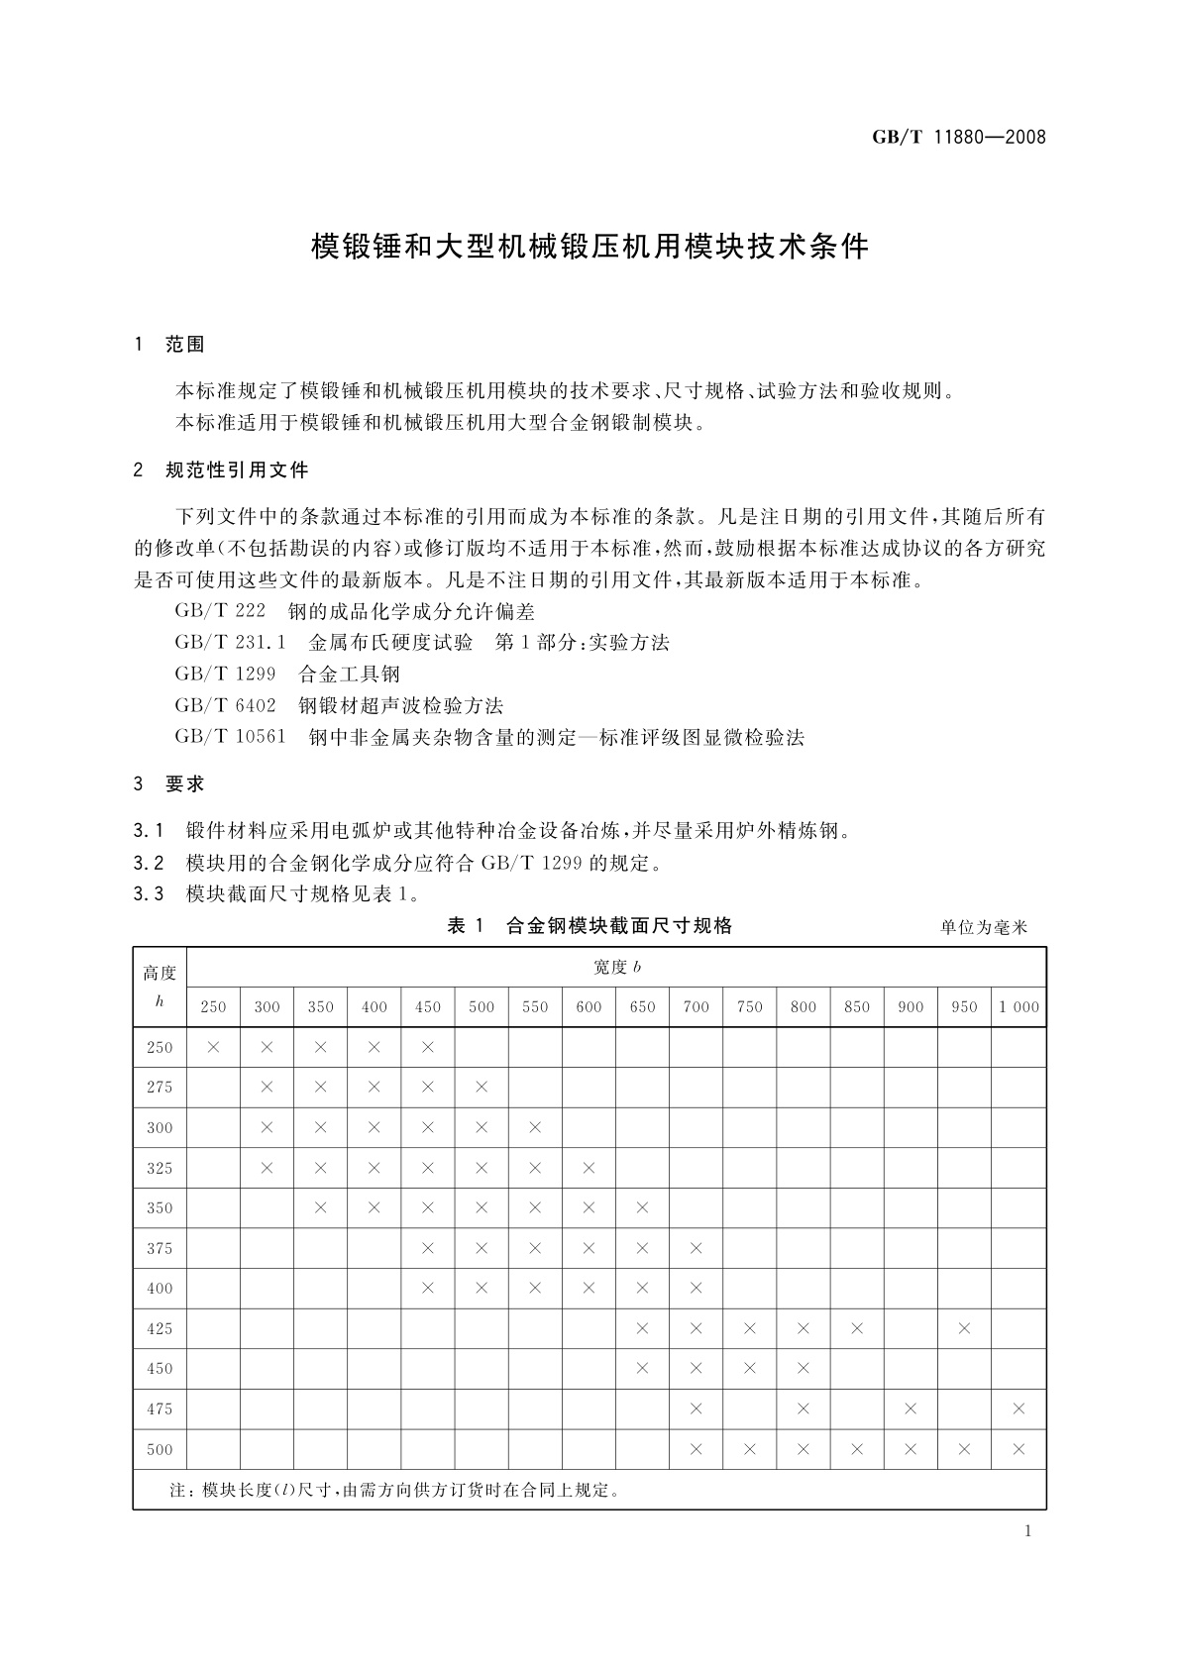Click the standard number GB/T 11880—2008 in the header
pos(958,138)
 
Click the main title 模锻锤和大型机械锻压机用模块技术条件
pos(590,247)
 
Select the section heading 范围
pos(185,345)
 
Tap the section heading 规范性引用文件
pos(237,469)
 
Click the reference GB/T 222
pos(220,611)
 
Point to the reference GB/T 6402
pos(225,705)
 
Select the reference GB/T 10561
pos(230,737)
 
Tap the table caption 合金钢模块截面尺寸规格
pos(619,926)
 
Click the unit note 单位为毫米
pos(984,928)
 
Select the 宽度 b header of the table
pos(615,967)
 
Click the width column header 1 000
pos(1019,1007)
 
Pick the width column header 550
pos(535,1007)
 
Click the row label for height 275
pos(160,1088)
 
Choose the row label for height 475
pos(160,1408)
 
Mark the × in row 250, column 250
pos(213,1047)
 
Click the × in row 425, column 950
pos(964,1328)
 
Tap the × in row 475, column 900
pos(911,1408)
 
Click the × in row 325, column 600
pos(589,1168)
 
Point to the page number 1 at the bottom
pos(1027,1531)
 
